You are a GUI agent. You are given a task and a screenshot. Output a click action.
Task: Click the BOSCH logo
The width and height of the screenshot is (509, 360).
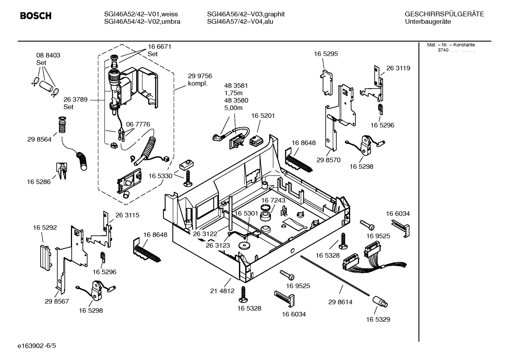(36, 16)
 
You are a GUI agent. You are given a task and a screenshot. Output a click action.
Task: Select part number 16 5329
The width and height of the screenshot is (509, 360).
(378, 319)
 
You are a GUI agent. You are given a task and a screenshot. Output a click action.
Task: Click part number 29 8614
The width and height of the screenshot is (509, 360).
(340, 302)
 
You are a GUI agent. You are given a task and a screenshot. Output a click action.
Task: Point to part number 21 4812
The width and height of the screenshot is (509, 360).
(222, 291)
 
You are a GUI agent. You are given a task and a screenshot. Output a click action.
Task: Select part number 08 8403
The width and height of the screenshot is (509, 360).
(48, 55)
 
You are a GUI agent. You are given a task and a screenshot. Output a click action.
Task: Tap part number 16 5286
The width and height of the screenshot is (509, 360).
(38, 182)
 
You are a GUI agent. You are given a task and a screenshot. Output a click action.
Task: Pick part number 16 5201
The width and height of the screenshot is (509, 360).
(263, 116)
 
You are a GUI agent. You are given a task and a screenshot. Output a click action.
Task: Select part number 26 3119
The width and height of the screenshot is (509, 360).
(398, 68)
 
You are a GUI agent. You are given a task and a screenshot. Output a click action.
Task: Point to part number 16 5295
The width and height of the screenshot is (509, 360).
(325, 54)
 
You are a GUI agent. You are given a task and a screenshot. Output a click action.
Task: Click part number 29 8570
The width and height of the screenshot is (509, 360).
(328, 160)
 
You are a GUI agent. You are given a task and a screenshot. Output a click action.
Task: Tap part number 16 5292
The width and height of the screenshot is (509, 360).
(45, 228)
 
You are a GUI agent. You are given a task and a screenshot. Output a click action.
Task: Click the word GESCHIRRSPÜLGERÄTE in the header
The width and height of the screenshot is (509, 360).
(444, 14)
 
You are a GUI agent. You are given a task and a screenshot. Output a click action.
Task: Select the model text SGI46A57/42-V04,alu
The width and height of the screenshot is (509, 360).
(240, 22)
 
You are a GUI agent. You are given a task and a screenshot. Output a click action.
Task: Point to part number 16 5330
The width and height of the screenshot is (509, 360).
(160, 176)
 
